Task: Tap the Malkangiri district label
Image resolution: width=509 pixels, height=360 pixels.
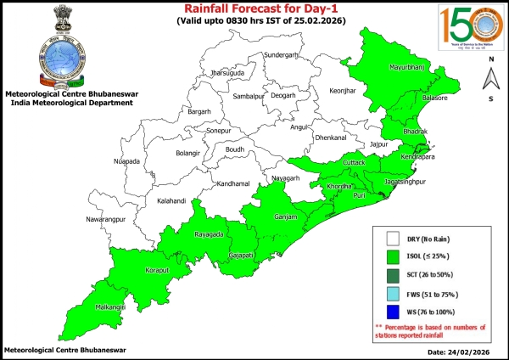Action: click(109, 305)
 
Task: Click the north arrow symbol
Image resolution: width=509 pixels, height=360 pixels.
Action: click(490, 79)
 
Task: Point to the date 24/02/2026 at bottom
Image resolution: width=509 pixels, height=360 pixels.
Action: click(460, 351)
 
